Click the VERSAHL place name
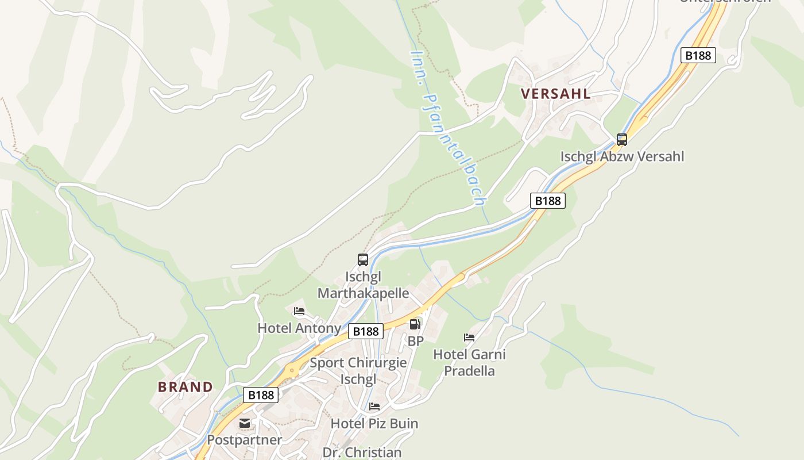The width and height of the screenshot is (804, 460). pos(555,94)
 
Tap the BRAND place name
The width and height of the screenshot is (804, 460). pos(185,387)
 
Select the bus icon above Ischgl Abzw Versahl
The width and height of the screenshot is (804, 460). pos(622,139)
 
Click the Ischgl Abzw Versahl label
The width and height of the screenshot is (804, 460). pos(622,156)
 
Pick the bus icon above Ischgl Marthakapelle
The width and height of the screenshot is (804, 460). pos(363,260)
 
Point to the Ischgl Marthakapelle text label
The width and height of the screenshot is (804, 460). pos(363,285)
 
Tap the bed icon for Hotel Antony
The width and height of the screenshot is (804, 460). pos(299,312)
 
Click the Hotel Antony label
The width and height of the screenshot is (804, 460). pos(299,328)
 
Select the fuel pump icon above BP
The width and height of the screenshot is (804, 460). pos(415,324)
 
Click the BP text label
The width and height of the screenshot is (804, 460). pos(415,341)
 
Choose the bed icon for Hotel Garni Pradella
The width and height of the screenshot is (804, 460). pos(469,338)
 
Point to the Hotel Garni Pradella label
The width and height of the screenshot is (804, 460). pos(469,362)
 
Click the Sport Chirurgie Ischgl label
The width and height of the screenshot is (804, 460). pos(358,371)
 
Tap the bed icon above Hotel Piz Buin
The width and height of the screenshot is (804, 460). pos(374,407)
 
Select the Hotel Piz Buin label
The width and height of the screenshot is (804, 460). pos(374,424)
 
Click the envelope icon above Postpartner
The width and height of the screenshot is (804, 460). pos(245,423)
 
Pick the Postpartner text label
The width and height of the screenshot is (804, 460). pos(245,440)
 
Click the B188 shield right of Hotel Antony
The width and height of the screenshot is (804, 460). pos(366,331)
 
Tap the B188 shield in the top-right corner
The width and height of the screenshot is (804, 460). pos(698,56)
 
